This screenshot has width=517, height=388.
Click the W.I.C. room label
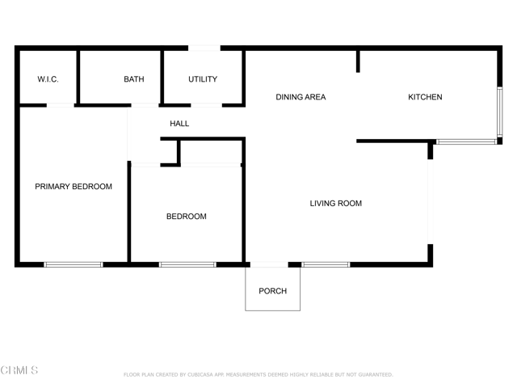tap(48, 79)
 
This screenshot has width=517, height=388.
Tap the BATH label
tap(134, 79)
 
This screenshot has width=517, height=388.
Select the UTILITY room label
tap(203, 79)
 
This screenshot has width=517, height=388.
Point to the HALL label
tap(179, 124)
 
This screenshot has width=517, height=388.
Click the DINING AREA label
tap(301, 97)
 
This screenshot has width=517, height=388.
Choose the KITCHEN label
tap(425, 97)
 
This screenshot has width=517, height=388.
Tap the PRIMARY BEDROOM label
tap(74, 187)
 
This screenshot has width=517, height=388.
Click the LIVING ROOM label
tap(336, 203)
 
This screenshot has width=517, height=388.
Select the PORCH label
tap(273, 291)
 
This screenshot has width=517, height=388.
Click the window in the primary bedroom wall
tap(74, 264)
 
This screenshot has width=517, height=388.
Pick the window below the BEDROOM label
tap(187, 264)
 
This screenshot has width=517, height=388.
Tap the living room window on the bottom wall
tap(326, 264)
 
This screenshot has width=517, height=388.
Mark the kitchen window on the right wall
tap(500, 112)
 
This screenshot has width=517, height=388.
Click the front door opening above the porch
tap(269, 264)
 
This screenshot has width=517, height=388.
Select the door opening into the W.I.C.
tap(61, 105)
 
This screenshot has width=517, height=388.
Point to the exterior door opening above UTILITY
tap(204, 48)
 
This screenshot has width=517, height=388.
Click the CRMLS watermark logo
tap(19, 370)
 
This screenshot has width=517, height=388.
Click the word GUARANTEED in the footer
tap(376, 375)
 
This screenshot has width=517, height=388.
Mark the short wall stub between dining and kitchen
tap(358, 61)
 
